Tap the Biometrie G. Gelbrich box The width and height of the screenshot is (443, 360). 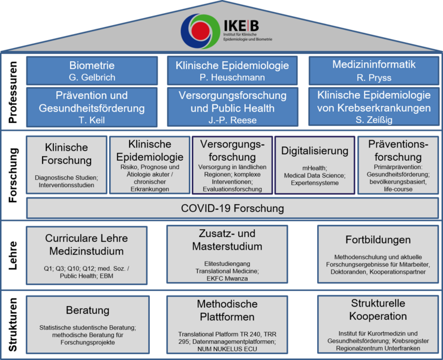tap(92, 70)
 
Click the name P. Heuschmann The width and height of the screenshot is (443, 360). tap(233, 77)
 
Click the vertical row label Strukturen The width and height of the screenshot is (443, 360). tap(13, 325)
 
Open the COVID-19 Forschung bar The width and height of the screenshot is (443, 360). tap(233, 209)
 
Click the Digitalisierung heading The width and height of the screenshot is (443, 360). tap(315, 150)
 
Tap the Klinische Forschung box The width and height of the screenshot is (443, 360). tap(67, 165)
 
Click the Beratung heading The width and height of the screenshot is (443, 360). tap(87, 310)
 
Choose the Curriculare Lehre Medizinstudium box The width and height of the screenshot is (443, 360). tap(87, 255)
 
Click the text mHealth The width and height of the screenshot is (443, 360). tap(314, 167)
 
